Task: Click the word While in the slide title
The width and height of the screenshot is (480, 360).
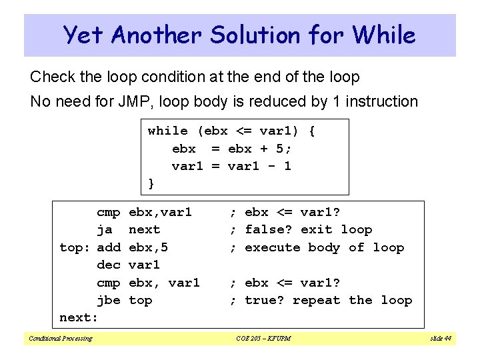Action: [383, 35]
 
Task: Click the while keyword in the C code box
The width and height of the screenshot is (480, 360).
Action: [167, 131]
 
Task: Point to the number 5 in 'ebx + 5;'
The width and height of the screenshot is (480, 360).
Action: [279, 148]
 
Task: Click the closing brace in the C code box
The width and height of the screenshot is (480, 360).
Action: [151, 183]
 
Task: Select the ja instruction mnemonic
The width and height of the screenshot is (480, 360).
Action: [105, 229]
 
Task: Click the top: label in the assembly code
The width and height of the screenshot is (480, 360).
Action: [75, 247]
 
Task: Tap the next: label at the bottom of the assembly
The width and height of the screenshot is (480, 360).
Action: [79, 318]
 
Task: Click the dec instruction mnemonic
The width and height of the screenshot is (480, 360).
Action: [109, 265]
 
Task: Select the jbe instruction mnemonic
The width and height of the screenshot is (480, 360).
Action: [109, 300]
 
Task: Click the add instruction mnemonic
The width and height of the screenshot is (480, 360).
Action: [109, 247]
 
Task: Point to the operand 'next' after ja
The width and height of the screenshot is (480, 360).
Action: [144, 229]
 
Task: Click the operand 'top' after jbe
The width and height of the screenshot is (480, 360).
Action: [140, 301]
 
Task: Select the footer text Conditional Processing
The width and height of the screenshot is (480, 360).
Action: [60, 338]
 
